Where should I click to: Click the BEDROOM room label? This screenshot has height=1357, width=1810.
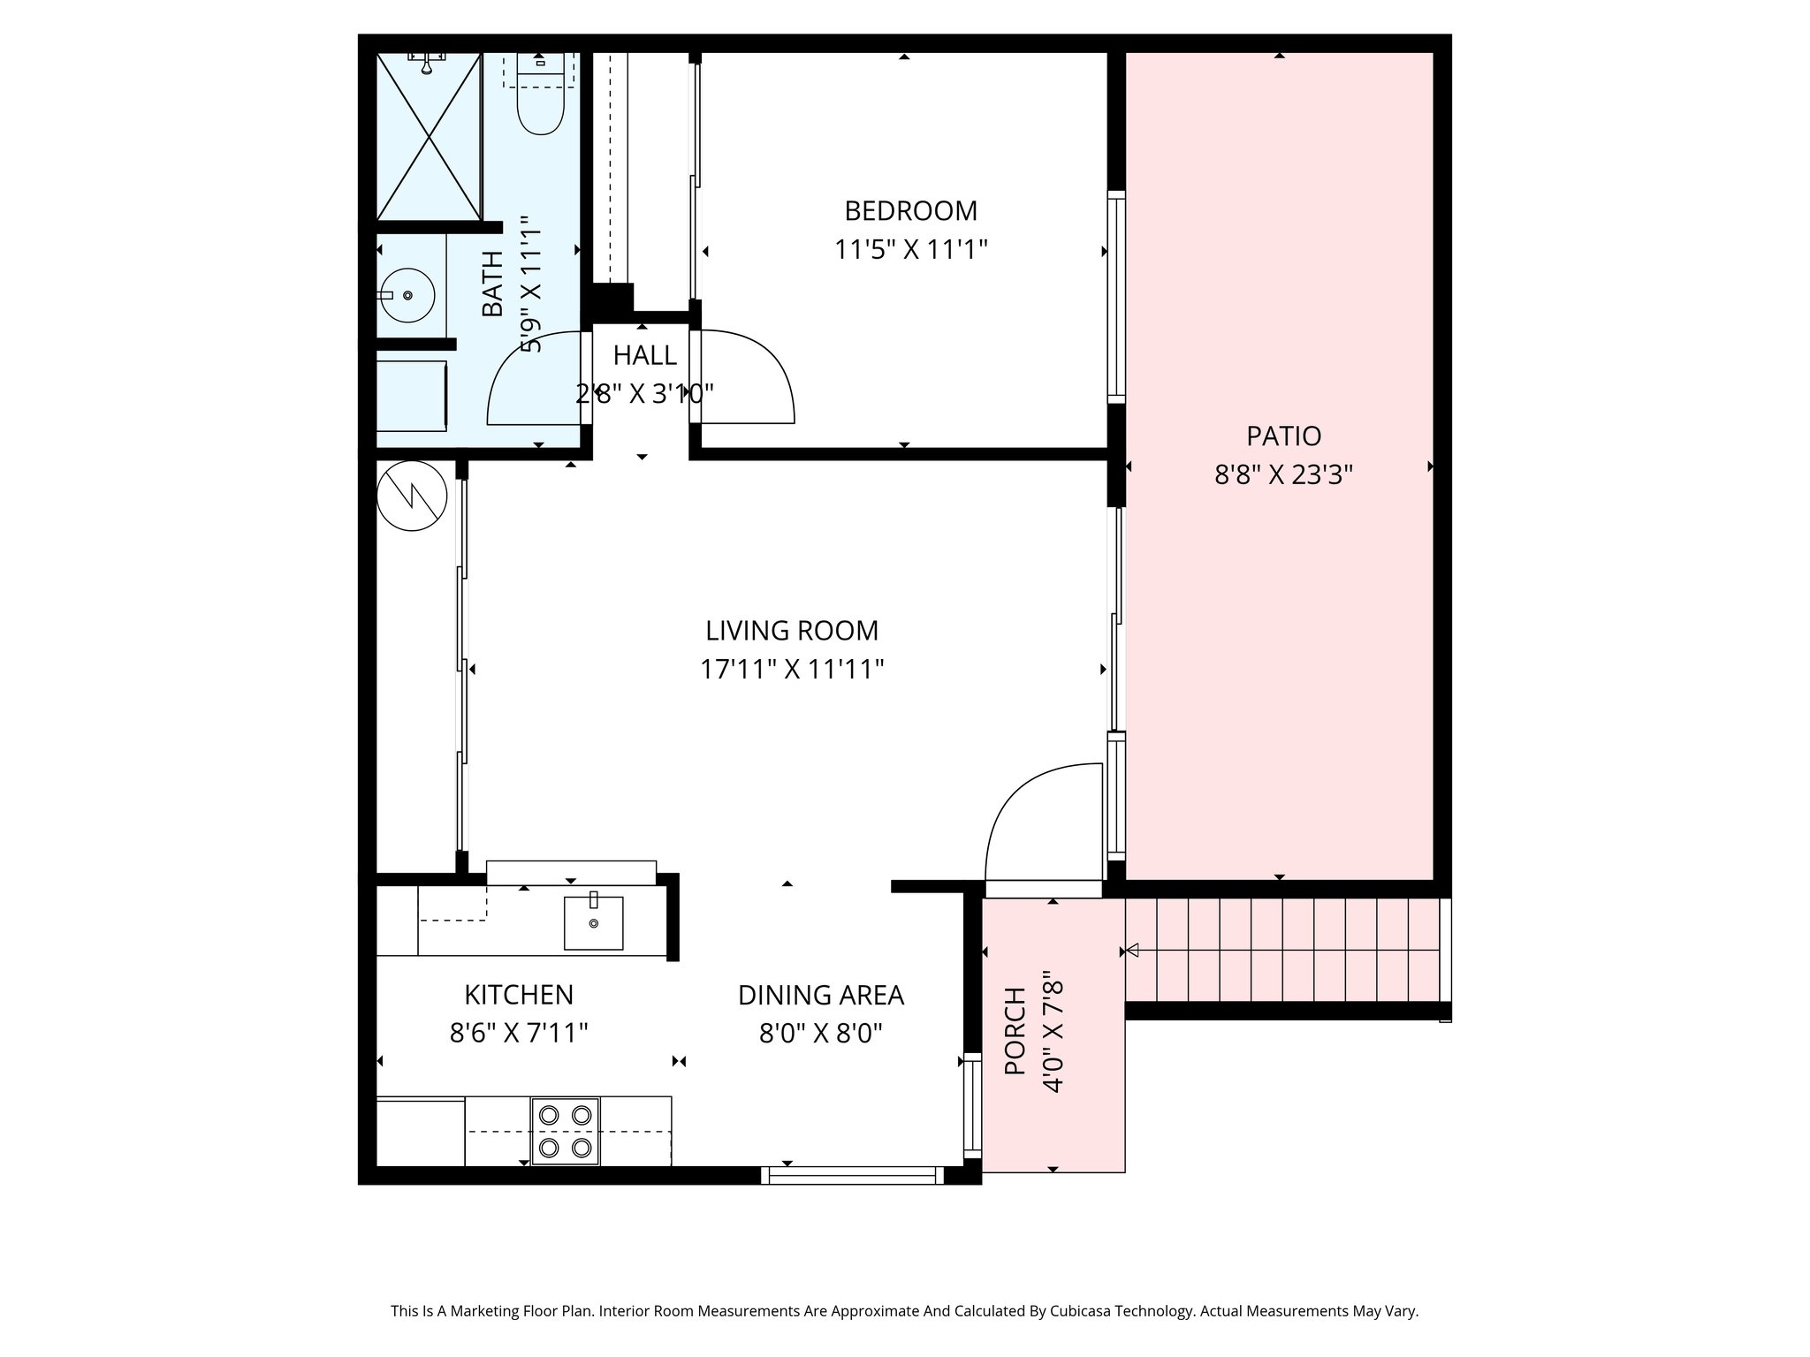coord(910,211)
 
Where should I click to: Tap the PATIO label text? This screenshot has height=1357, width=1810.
coord(1283,436)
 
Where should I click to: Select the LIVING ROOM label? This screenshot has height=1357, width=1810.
coord(792,631)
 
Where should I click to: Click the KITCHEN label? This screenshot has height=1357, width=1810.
coord(519,995)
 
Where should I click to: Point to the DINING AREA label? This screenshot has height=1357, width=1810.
coord(821,995)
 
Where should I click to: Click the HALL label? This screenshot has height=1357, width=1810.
coord(645,355)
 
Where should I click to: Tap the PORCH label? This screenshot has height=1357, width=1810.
coord(1015,1031)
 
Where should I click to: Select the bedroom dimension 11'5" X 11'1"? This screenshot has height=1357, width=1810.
coord(910,250)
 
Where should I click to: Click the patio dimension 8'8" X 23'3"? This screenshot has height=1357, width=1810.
coord(1283,475)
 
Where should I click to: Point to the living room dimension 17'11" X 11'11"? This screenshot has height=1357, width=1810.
coord(792,670)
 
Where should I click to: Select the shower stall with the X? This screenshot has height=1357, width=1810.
coord(429,136)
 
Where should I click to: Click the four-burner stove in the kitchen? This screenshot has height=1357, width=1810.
coord(565,1131)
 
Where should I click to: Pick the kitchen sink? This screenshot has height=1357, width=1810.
coord(593,922)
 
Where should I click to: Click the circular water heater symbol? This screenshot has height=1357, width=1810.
coord(412,497)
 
